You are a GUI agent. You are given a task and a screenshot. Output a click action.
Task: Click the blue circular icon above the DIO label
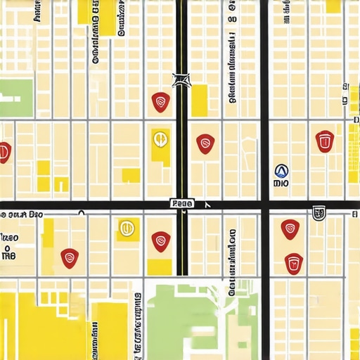(281, 170)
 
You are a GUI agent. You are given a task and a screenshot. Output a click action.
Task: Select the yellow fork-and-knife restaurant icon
(160, 139)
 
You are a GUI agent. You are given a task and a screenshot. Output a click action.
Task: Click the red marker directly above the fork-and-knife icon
(161, 103)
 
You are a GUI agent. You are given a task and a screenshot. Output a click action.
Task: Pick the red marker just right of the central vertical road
(205, 143)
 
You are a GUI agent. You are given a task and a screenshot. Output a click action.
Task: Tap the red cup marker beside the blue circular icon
(324, 141)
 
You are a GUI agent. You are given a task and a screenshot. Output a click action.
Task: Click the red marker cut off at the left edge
(4, 151)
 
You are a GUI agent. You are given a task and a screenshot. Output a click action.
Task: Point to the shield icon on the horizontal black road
(318, 212)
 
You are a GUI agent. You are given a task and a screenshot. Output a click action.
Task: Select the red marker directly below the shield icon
(293, 263)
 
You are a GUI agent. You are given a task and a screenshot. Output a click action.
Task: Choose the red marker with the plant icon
(290, 229)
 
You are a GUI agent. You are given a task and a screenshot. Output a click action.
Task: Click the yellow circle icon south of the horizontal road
(127, 227)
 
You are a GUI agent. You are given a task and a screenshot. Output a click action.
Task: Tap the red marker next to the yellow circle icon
(162, 240)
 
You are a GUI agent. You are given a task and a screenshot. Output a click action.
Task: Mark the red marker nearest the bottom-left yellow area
(69, 258)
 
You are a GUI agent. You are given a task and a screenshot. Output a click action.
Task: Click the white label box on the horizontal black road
(182, 203)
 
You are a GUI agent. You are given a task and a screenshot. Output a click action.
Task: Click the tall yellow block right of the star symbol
(200, 100)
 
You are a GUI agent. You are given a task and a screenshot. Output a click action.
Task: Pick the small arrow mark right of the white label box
(207, 205)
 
